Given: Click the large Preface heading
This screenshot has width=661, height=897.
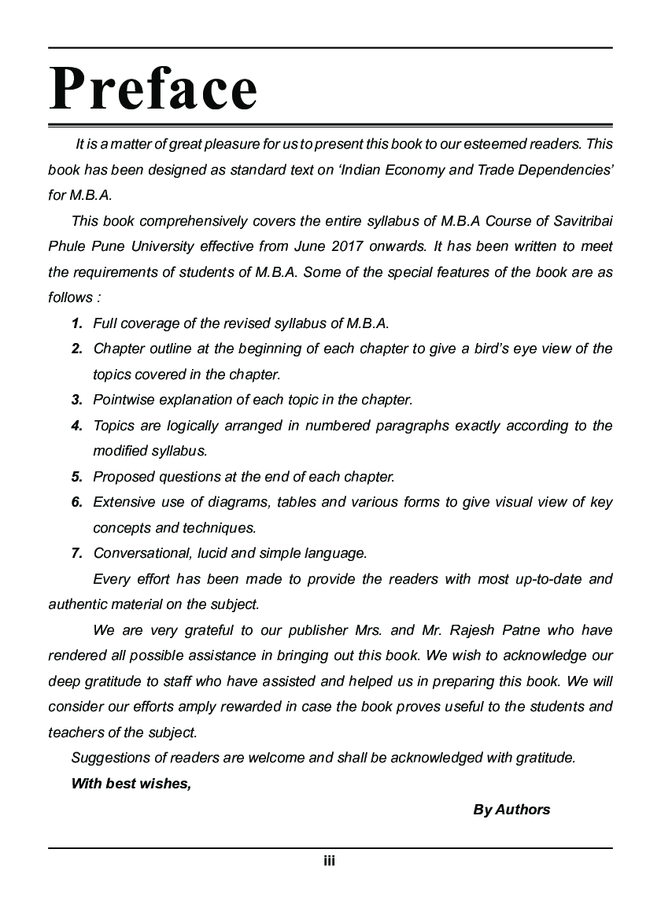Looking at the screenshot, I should pyautogui.click(x=153, y=88).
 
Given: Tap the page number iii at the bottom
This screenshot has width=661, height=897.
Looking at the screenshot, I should pyautogui.click(x=330, y=862).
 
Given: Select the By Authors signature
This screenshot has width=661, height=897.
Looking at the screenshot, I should pyautogui.click(x=511, y=810).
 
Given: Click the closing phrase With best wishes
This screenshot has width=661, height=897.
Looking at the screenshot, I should pyautogui.click(x=131, y=784).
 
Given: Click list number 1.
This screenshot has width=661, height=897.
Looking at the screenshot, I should pyautogui.click(x=77, y=323).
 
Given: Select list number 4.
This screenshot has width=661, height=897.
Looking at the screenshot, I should pyautogui.click(x=77, y=426).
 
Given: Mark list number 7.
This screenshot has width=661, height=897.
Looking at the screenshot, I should pyautogui.click(x=77, y=553).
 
